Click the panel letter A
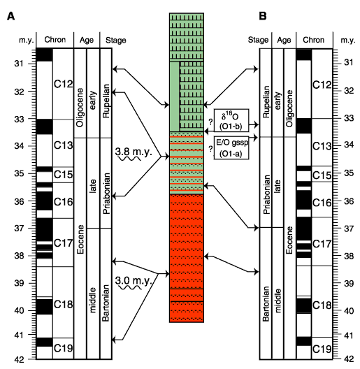coord(10,17)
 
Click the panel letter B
coord(263,16)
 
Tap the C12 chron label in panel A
coord(63,84)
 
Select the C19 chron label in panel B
coord(322,349)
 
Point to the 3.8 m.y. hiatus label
coord(134,152)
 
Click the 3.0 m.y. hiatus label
coord(134,280)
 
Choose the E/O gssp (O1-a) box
coord(231,147)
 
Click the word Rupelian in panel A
coord(106,101)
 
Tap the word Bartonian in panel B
coord(266,303)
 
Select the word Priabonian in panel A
coord(106,193)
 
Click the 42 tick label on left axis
coord(19,360)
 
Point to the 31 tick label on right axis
coord(349,63)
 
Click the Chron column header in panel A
coord(55,40)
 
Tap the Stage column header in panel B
coord(258,40)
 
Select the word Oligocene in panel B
coord(289,108)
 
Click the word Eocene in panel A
coord(80,239)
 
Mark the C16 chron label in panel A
coord(63,202)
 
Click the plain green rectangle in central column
coord(175,96)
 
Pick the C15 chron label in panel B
coord(322,175)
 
